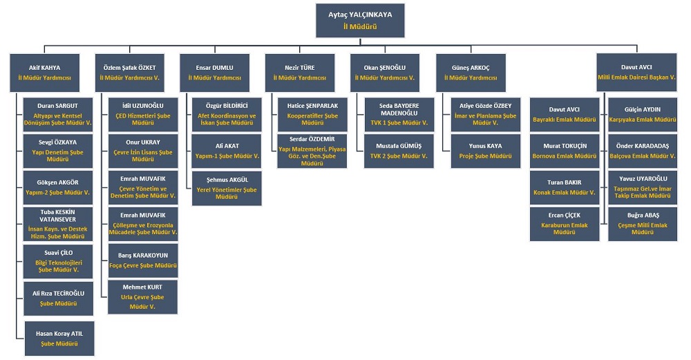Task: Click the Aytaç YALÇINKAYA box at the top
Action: pos(359,20)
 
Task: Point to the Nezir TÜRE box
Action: pos(300,73)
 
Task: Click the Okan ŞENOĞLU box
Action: pos(384,73)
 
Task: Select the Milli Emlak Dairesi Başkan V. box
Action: pos(636,73)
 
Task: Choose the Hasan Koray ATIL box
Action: pos(59,339)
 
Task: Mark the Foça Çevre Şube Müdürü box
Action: pos(142,260)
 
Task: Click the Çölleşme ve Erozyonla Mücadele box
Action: pos(142,224)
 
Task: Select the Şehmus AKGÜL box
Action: pos(227,188)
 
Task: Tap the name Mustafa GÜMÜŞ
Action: pos(399,147)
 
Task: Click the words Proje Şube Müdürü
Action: pos(484,156)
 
